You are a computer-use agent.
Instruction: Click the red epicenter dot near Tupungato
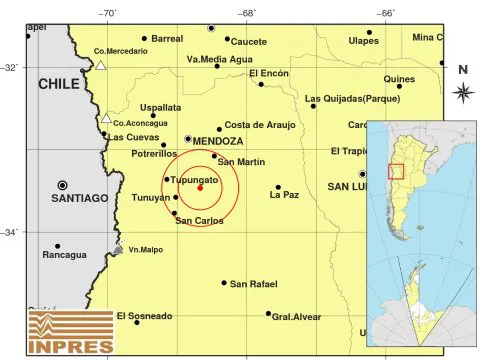[201, 187]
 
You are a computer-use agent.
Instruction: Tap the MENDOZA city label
[219, 141]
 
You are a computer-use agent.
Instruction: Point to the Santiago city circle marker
[63, 185]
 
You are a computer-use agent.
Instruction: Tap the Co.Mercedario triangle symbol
[101, 66]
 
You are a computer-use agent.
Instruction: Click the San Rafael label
[253, 284]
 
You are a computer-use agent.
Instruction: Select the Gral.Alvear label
[296, 316]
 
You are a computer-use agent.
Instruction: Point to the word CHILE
[58, 85]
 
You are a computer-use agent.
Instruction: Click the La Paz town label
[286, 195]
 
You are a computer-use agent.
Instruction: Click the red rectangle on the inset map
[396, 171]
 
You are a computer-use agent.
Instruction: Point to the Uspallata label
[160, 106]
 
